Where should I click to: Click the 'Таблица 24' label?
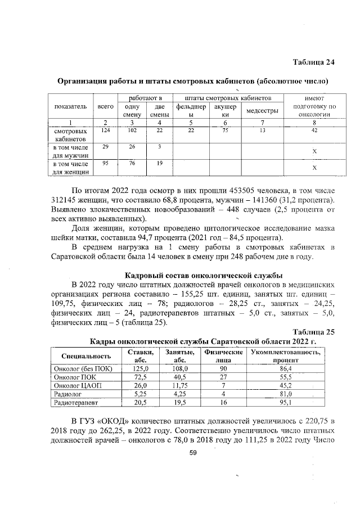click(x=314, y=61)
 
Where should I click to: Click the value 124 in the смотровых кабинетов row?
click(x=103, y=130)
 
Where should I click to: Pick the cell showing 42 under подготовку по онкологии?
click(x=314, y=130)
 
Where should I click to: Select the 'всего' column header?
click(x=105, y=106)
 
